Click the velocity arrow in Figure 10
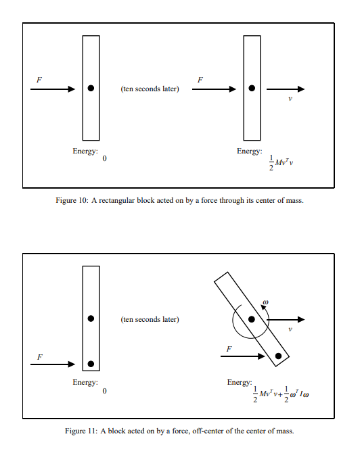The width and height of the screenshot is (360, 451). (x=286, y=89)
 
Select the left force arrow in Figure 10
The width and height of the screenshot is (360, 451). (x=53, y=89)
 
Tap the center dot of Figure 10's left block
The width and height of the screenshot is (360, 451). (x=91, y=89)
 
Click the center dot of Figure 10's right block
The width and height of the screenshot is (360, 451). (x=252, y=89)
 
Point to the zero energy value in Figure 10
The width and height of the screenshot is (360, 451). (x=104, y=158)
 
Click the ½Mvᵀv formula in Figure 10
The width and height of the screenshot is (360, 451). (x=281, y=162)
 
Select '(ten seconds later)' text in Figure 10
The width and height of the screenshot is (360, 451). (x=150, y=89)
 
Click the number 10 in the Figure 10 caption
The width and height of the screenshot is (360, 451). (x=82, y=200)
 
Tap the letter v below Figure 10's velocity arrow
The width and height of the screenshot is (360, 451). (x=290, y=99)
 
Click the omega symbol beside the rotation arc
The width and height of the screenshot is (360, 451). (x=266, y=302)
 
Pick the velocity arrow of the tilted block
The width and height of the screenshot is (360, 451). (x=286, y=319)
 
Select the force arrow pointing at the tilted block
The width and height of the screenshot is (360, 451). (x=242, y=356)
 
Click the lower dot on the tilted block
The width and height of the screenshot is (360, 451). (x=278, y=356)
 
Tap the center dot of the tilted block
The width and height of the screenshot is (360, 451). (x=252, y=319)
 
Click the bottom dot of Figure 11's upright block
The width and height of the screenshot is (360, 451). (x=91, y=364)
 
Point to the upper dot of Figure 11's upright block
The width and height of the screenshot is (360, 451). (x=91, y=318)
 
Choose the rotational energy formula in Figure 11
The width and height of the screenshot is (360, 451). (x=296, y=394)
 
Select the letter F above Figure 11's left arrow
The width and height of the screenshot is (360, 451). (x=40, y=357)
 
